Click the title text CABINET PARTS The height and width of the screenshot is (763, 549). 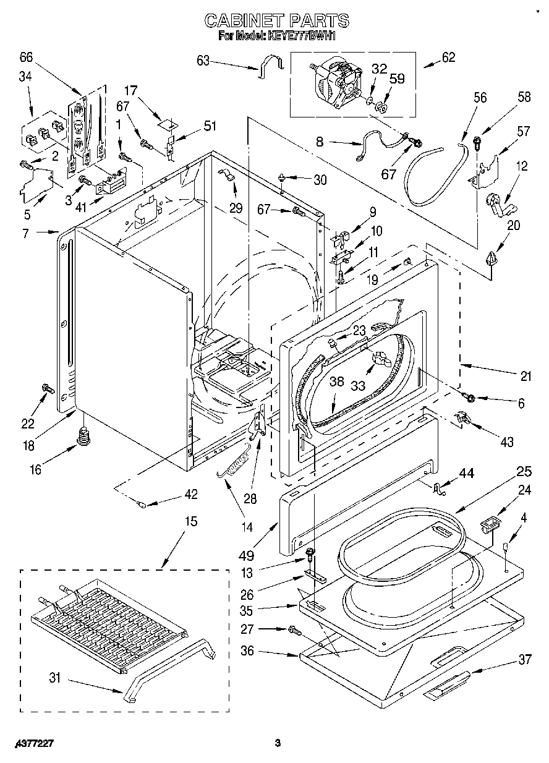pyautogui.click(x=276, y=21)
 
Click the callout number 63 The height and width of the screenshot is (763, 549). pyautogui.click(x=203, y=60)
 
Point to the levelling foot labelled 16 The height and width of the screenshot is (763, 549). pyautogui.click(x=82, y=436)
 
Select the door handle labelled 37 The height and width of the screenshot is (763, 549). pyautogui.click(x=445, y=688)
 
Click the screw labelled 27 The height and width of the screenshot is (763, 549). pyautogui.click(x=294, y=630)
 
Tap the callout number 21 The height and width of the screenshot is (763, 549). pyautogui.click(x=526, y=376)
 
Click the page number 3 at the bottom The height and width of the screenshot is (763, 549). pyautogui.click(x=278, y=743)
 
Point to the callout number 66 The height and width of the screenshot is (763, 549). pyautogui.click(x=25, y=57)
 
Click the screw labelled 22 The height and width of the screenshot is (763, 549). pyautogui.click(x=47, y=388)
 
